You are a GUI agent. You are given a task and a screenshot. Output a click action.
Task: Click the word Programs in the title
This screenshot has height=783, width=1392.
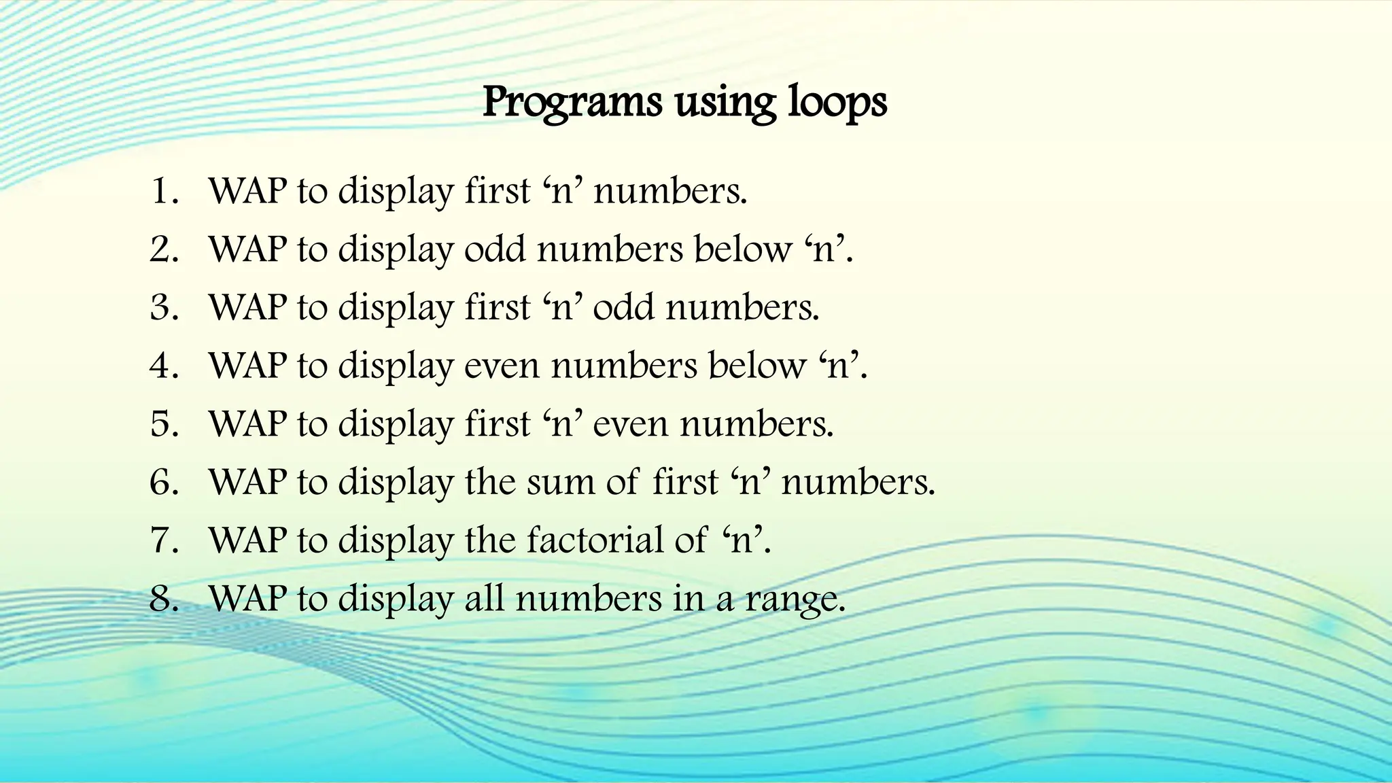[x=572, y=103]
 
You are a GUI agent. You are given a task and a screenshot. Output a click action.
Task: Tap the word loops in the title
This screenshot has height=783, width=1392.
[x=837, y=103]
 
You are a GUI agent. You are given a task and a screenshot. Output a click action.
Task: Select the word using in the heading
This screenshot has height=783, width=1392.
[x=725, y=103]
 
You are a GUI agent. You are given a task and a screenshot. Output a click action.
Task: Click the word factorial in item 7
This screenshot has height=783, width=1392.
[x=616, y=540]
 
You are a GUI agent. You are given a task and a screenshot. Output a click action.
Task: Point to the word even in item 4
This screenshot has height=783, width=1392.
[x=502, y=366]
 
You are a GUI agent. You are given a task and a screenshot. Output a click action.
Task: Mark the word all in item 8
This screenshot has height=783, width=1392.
[x=484, y=599]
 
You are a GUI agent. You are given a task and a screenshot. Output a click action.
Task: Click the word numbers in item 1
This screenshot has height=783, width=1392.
[x=669, y=191]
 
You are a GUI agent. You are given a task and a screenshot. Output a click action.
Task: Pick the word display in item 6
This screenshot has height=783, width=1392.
[x=396, y=482]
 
